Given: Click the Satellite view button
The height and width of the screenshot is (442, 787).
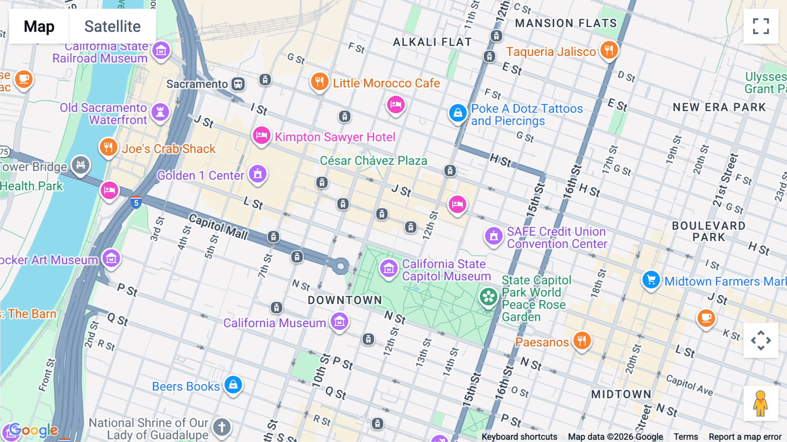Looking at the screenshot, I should pos(112,26).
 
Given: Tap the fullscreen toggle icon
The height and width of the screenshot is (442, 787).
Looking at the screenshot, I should pos(761,26).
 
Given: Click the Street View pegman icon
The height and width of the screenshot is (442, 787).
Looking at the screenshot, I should pos(760,403).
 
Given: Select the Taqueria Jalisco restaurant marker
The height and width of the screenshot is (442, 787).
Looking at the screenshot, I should pos(609,50).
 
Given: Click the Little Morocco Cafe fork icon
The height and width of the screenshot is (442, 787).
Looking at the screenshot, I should pos(320,81).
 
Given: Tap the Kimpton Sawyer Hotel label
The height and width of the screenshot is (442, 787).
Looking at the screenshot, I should pos(335,137).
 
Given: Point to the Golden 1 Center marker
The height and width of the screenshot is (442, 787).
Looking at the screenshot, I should pos(258,174).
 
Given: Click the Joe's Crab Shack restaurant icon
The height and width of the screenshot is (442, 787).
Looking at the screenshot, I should pos(108,147).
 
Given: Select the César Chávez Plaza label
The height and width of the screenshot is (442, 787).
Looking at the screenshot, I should pos(373,161).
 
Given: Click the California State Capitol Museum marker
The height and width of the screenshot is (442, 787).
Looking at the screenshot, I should pos(388,268).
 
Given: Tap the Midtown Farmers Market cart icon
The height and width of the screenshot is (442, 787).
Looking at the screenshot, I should pos(651,279).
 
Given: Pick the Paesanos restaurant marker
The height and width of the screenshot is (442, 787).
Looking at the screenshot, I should pos(582,340).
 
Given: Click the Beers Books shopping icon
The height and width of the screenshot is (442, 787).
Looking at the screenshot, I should pos(233,385).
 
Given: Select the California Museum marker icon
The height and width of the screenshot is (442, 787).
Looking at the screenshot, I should pos(339,322).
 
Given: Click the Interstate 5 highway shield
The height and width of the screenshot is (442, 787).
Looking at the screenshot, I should pos(136,203).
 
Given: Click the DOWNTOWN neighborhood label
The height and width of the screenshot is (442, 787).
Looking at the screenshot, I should pos(345,300).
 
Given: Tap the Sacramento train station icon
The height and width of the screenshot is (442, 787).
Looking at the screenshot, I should pos(238,84).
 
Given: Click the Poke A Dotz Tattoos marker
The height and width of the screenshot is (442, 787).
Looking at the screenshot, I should pos(457,113).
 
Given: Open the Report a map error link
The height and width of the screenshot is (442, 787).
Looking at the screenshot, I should pos(745,437).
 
